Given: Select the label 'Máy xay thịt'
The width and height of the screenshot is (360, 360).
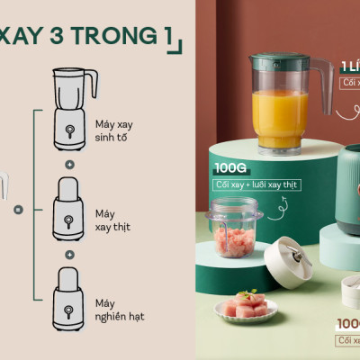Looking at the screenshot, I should pyautogui.click(x=112, y=220).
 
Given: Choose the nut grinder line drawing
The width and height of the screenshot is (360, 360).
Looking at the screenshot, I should pyautogui.click(x=68, y=298).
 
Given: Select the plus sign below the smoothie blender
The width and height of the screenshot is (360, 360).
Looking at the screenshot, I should pyautogui.click(x=69, y=166).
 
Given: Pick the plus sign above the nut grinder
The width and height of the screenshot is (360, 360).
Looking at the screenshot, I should pyautogui.click(x=69, y=256).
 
